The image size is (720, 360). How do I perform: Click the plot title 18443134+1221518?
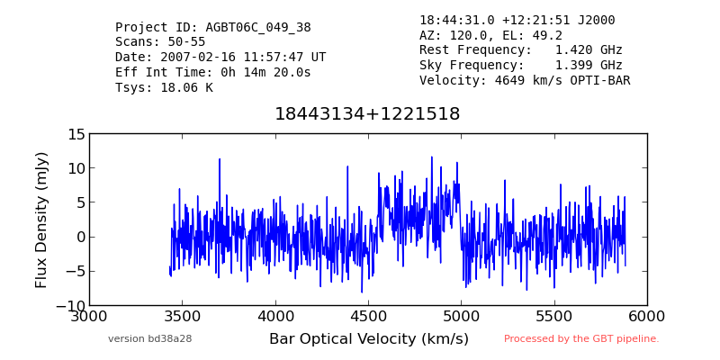(367, 114)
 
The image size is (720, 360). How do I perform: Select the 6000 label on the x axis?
(647, 317)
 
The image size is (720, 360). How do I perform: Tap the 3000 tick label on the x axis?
(89, 317)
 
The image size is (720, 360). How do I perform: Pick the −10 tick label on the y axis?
(71, 306)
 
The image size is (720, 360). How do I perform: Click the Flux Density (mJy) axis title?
(41, 220)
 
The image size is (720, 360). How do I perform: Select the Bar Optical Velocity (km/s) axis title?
(369, 339)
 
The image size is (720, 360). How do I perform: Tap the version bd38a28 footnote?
(149, 339)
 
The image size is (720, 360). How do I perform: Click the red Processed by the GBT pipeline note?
(581, 339)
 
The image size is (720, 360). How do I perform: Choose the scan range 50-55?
(183, 42)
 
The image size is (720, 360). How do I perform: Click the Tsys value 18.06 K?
(186, 87)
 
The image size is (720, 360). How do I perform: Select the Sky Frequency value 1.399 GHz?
(589, 65)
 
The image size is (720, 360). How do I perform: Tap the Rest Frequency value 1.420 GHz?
(589, 50)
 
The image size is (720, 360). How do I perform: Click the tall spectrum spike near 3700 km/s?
(220, 159)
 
